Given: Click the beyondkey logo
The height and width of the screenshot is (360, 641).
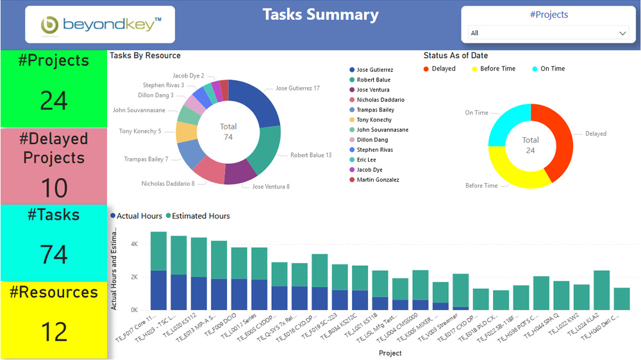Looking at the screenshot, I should [100, 25].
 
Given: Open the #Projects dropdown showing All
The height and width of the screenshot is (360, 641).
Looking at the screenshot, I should [548, 33].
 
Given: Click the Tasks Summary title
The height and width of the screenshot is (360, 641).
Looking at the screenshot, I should [320, 15].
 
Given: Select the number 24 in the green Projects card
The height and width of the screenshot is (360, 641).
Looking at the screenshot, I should [54, 101].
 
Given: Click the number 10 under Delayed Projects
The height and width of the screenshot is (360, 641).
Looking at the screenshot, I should [54, 188].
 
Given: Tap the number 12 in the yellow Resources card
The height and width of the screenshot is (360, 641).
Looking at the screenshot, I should [54, 332].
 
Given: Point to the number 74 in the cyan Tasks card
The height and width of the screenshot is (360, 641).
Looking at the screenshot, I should [54, 254].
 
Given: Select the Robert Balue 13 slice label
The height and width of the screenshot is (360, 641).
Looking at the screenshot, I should [310, 155].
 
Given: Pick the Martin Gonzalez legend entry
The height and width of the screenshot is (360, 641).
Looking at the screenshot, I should [378, 180].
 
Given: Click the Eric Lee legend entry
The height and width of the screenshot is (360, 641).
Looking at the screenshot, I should [366, 160].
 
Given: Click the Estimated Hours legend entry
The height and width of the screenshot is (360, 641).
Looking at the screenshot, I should [200, 216].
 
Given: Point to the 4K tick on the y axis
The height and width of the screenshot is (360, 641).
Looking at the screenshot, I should [134, 244].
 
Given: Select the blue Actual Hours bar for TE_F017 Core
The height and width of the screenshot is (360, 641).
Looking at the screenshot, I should [158, 290].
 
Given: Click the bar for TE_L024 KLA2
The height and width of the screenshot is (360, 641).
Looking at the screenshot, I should [601, 290].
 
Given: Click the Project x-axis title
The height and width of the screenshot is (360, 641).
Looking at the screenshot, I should [390, 353].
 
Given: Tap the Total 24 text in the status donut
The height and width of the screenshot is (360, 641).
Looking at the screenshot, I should [530, 145].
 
